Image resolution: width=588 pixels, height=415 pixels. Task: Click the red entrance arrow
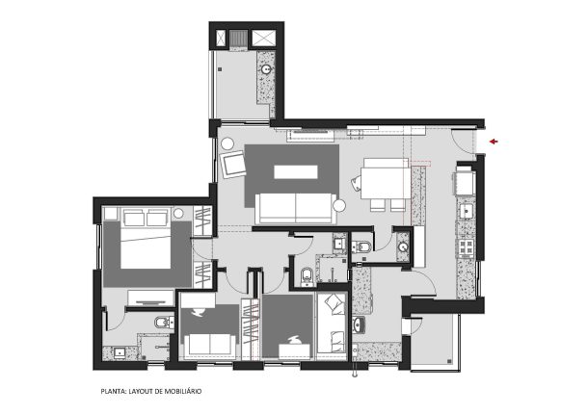494,142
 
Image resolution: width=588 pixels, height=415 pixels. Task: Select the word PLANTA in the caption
113,391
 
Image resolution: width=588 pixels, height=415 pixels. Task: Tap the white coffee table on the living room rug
296,172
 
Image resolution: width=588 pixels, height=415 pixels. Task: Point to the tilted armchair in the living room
233,165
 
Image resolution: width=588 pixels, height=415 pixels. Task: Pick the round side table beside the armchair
227,143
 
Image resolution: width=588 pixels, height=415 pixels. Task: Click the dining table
386,183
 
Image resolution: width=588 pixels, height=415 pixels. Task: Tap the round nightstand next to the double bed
179,214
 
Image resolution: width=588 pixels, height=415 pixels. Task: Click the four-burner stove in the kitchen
467,247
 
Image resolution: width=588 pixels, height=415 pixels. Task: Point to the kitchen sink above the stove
467,212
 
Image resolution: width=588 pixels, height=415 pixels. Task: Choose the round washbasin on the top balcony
266,69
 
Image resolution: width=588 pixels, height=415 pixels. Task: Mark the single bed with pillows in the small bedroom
332,324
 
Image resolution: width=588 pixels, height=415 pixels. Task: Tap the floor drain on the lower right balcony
449,361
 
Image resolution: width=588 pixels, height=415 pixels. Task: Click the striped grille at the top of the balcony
238,39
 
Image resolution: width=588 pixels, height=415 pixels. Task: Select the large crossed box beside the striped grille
263,39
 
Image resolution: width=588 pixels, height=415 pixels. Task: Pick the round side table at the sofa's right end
339,206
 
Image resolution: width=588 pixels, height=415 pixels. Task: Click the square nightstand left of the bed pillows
111,214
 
